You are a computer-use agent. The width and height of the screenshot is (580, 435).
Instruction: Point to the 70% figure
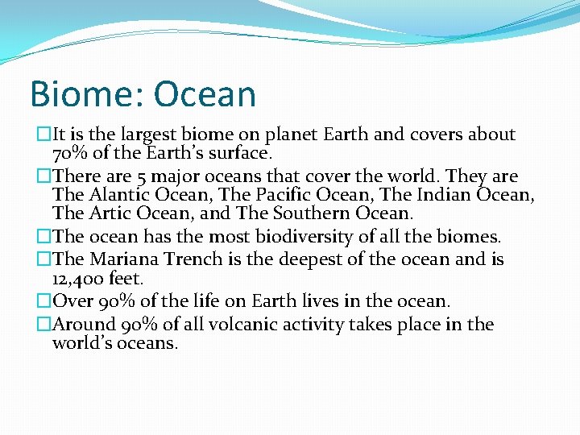[70, 154]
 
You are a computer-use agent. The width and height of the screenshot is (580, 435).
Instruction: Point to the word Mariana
[121, 259]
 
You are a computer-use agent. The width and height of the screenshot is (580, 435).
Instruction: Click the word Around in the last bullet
[81, 325]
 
